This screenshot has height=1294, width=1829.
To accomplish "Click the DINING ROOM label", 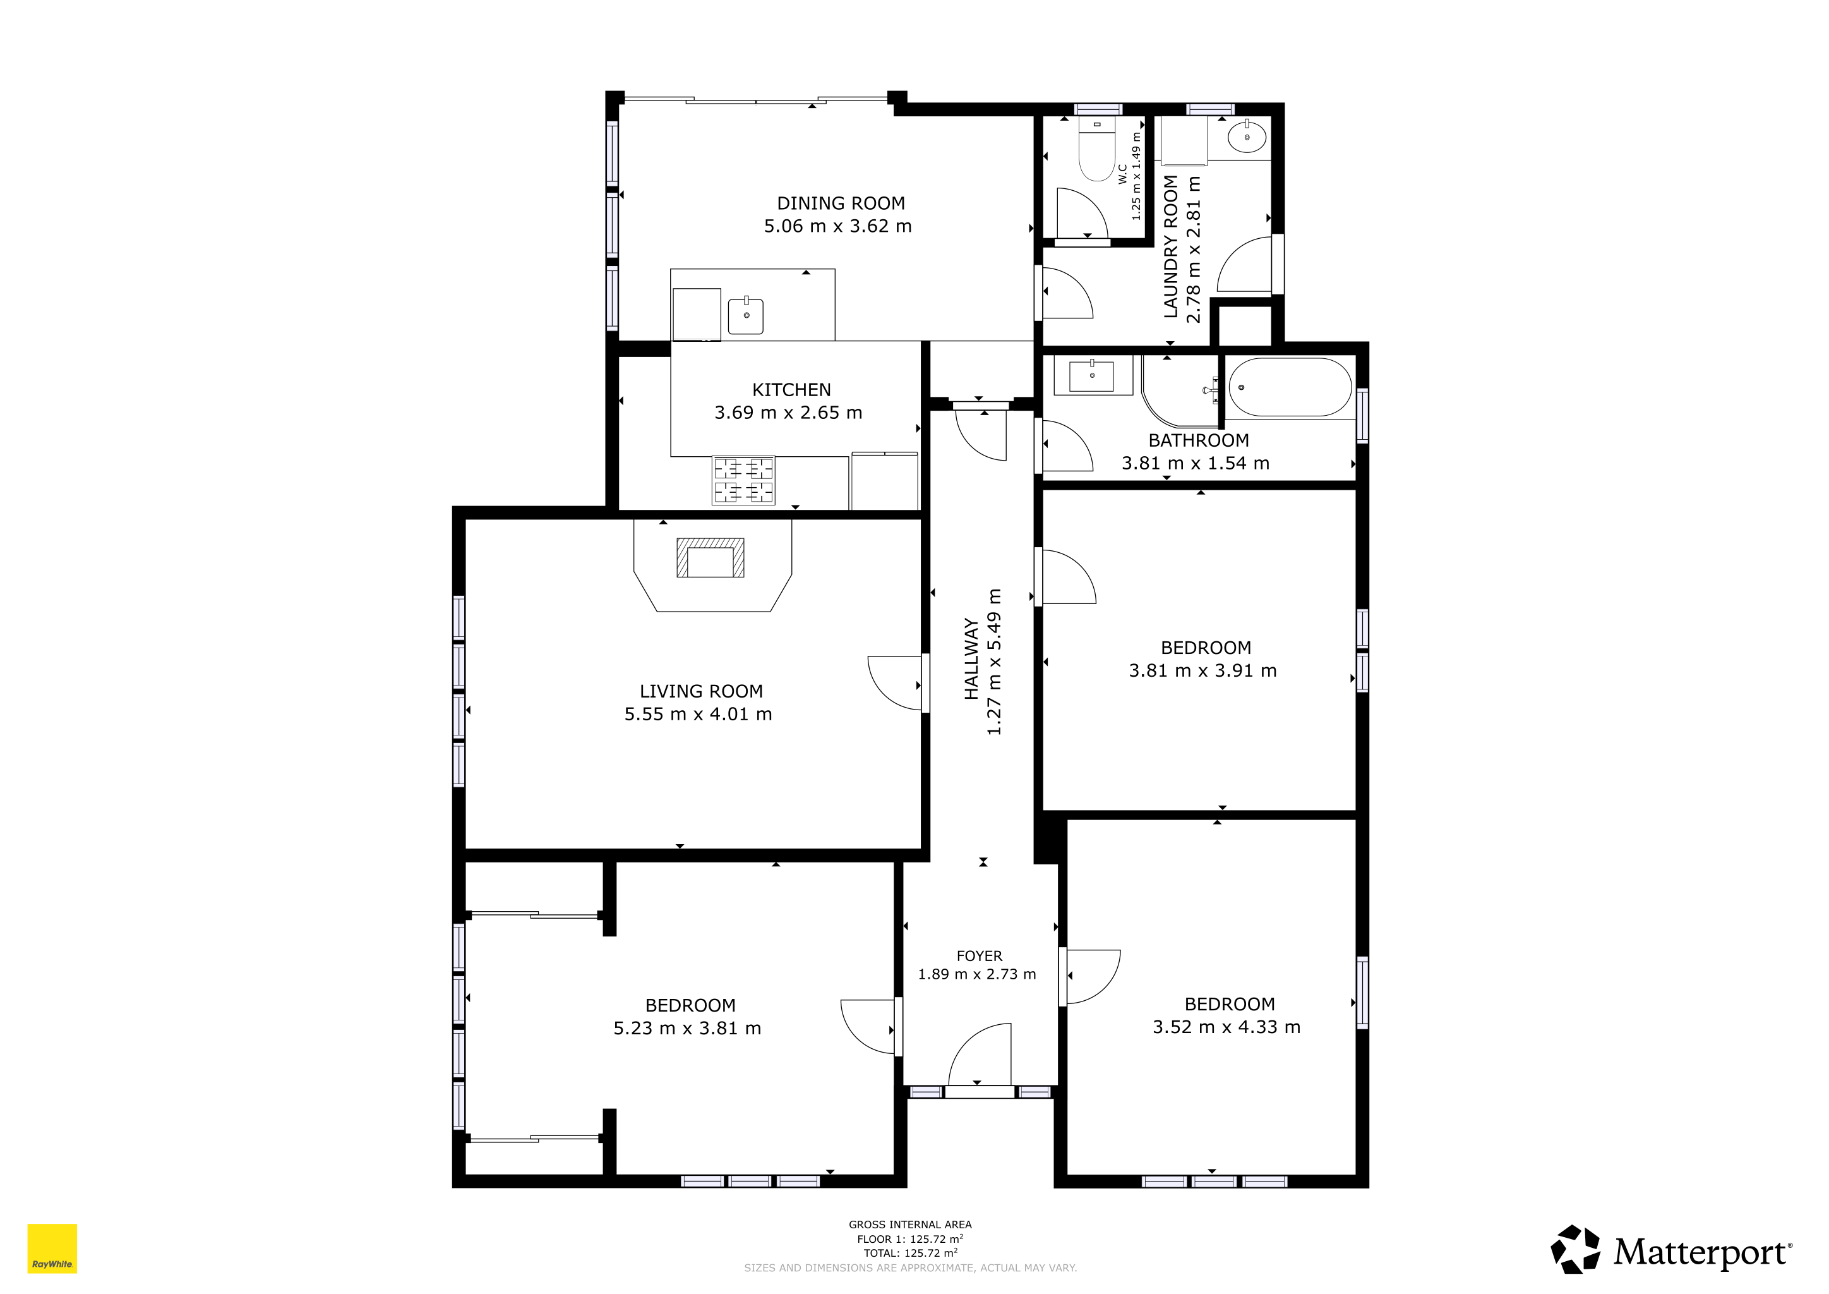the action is (841, 203).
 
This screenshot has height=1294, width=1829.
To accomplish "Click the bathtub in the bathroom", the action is (1290, 387).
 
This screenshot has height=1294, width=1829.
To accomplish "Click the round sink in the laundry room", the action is (1247, 138).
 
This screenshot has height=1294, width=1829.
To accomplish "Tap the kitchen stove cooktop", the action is (743, 480).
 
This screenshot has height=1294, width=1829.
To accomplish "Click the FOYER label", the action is (979, 956).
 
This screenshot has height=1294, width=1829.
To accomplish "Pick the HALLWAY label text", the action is (971, 659).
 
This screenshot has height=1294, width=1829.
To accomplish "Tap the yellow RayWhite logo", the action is (52, 1249).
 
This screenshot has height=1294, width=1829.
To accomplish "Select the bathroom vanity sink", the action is (1091, 376).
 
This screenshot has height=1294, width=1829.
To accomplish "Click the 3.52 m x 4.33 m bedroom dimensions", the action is (1226, 1027).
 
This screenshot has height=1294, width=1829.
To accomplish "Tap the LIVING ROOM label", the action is (701, 692).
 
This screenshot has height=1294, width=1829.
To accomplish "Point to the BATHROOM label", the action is (1198, 440).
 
